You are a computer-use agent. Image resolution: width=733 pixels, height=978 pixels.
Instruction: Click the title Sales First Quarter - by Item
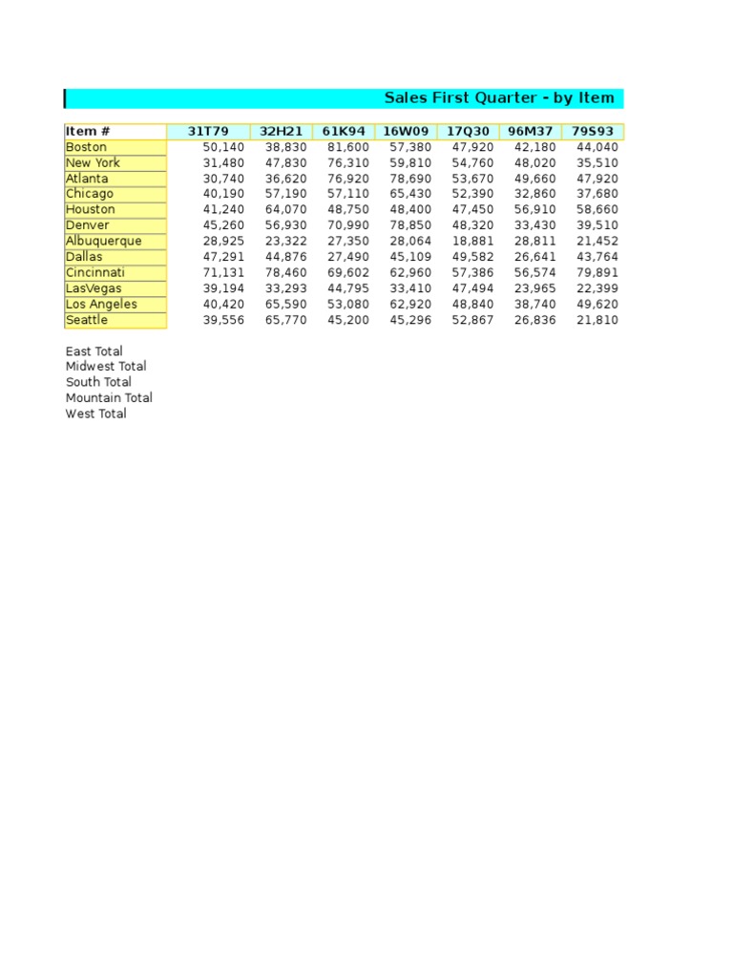(x=498, y=98)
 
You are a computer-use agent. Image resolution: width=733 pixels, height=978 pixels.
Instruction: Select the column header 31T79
(x=208, y=131)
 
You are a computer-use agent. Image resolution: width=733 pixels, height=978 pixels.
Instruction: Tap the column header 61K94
(x=344, y=131)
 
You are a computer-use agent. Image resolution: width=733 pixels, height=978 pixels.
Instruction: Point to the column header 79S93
(x=592, y=131)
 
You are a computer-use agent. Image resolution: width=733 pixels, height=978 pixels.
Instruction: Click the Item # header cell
(x=88, y=131)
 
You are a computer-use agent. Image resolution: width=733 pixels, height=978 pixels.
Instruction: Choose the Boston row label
(x=86, y=147)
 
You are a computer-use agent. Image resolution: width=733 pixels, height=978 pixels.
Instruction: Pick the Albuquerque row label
(x=103, y=241)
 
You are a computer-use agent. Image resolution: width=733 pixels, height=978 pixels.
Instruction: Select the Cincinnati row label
(x=94, y=272)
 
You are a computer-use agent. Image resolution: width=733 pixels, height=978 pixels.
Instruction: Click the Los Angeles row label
(x=101, y=304)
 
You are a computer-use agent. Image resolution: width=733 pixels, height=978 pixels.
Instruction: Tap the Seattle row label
(x=87, y=320)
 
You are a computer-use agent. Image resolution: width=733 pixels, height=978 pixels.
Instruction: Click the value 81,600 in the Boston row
(x=348, y=147)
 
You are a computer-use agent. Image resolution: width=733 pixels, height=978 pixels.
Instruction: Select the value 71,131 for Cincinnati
(x=223, y=272)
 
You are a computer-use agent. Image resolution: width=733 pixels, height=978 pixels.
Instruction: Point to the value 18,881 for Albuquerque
(x=473, y=241)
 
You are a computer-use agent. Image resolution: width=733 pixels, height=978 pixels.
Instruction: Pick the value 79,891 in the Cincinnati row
(x=597, y=272)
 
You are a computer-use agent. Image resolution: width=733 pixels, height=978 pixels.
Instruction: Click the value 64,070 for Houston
(x=286, y=209)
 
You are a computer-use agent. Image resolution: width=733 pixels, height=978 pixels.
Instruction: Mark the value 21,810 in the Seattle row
(x=597, y=320)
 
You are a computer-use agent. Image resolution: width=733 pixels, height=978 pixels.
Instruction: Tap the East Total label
(x=94, y=351)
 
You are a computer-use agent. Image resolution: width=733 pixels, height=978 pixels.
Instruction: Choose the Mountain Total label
(x=109, y=398)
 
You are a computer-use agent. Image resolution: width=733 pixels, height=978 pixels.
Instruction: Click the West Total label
(x=95, y=414)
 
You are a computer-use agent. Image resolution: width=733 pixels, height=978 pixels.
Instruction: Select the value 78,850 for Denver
(x=411, y=225)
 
